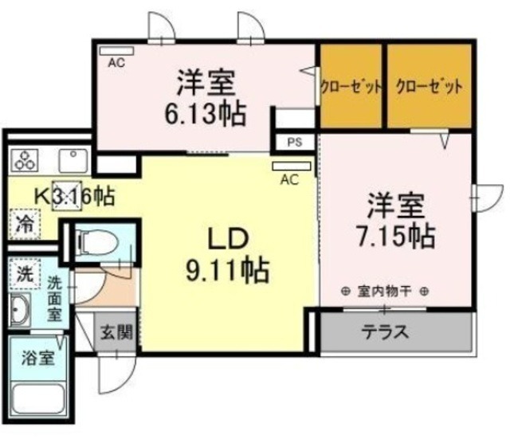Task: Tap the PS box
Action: tap(294, 143)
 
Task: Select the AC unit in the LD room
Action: tap(288, 168)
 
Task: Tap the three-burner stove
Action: tap(25, 159)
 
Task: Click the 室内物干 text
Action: tap(386, 292)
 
